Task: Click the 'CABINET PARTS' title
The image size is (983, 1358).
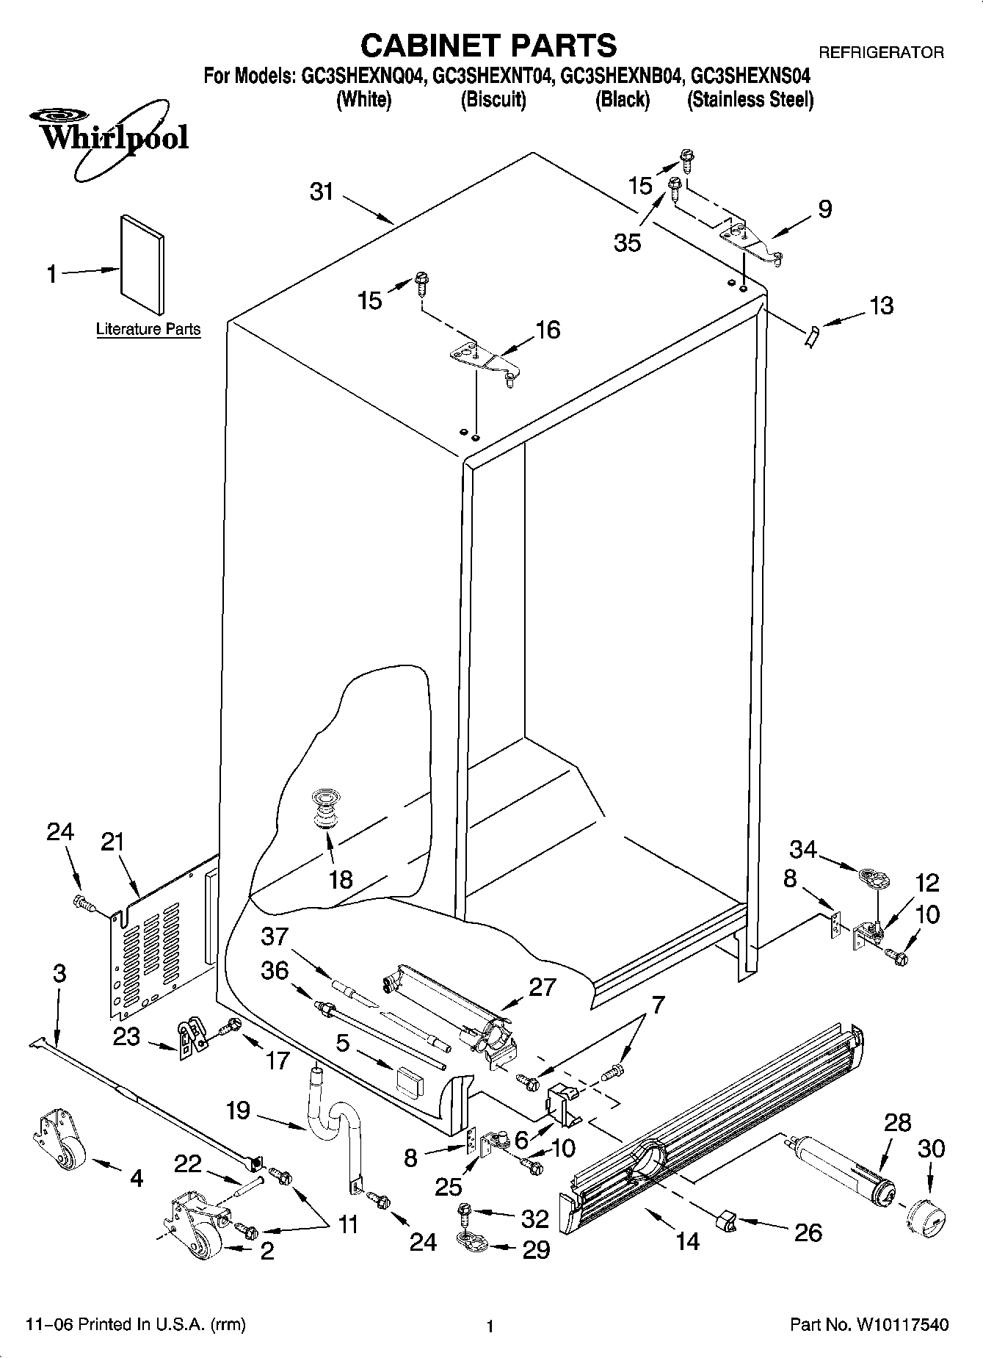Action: click(x=488, y=46)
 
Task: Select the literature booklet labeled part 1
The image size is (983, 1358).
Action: click(x=142, y=264)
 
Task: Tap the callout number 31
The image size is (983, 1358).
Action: click(x=322, y=192)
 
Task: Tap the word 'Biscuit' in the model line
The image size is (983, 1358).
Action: click(x=493, y=99)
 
